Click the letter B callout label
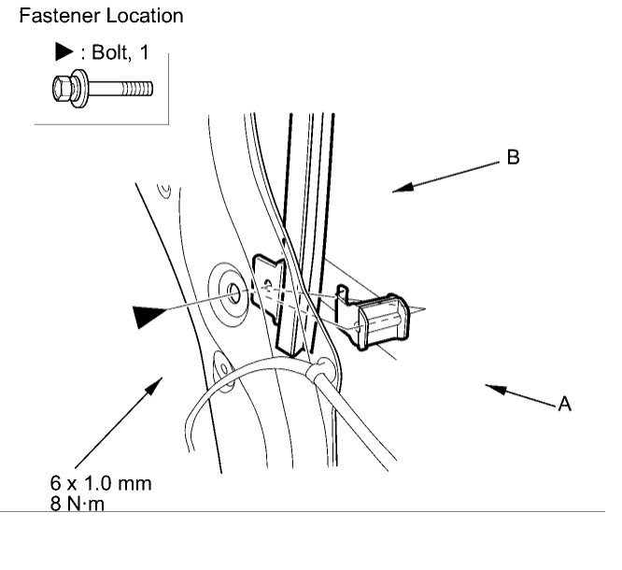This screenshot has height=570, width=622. [513, 158]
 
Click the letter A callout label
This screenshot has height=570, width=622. [565, 405]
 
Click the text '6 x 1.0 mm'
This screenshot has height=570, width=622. [101, 483]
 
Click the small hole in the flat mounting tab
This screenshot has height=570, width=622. [268, 278]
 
